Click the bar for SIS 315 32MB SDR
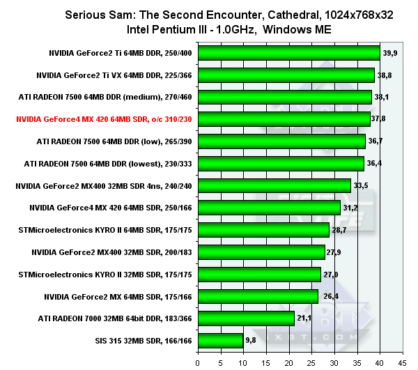tap(221, 341)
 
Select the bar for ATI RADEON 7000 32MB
tap(246, 318)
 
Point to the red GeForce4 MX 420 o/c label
tap(115, 119)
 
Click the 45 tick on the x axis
tap(402, 362)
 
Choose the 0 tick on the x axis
tap(199, 362)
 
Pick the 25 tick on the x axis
tap(311, 362)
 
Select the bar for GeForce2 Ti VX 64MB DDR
tap(286, 75)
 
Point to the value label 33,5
tap(362, 186)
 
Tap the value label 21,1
tap(305, 319)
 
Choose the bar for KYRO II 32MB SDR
tap(259, 274)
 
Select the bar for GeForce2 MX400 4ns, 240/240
tap(274, 185)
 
